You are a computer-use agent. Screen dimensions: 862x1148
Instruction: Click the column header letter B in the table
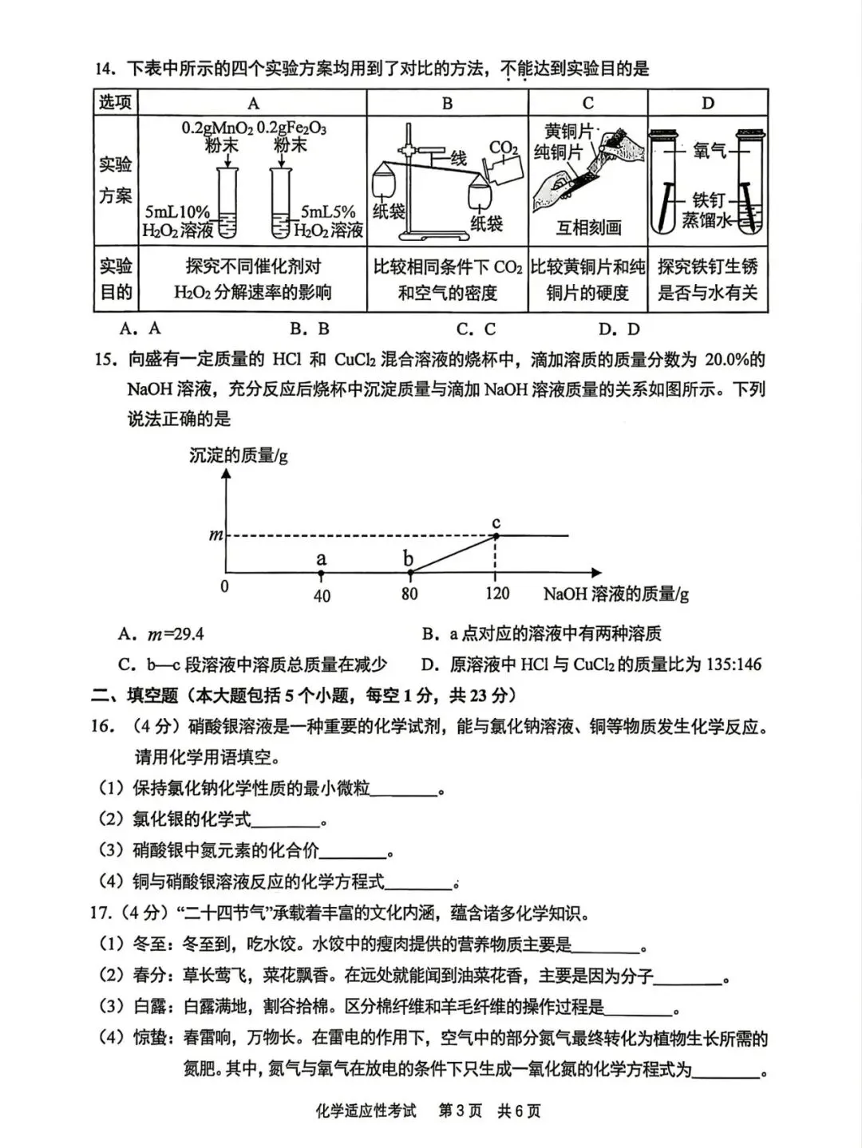tap(447, 103)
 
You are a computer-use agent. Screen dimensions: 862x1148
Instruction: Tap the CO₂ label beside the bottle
tap(503, 148)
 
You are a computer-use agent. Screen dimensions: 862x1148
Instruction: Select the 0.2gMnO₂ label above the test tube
tap(217, 128)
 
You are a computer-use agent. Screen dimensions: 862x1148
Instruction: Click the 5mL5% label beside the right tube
tap(327, 212)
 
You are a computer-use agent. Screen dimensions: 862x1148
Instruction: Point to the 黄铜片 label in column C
tap(569, 131)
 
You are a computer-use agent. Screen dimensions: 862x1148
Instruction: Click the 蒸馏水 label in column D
tap(706, 220)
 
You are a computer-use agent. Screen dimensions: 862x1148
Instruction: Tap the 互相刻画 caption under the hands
tap(588, 228)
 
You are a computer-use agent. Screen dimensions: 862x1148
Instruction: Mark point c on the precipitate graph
tap(496, 535)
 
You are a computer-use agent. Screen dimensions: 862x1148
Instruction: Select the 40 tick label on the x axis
tap(322, 596)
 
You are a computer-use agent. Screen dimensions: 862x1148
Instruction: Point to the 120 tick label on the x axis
tap(496, 594)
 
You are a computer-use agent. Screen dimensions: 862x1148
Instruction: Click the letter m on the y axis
tap(215, 535)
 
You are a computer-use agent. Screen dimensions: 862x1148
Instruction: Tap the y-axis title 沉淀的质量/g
tap(238, 456)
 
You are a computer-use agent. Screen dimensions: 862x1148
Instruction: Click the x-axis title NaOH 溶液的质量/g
tap(615, 594)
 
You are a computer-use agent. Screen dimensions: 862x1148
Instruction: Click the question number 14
tap(105, 69)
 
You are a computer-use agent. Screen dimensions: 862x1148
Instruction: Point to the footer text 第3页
tap(461, 1111)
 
